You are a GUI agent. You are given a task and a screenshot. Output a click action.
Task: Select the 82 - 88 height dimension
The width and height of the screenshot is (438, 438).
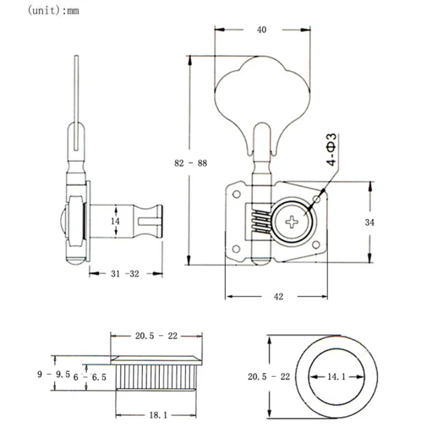190,163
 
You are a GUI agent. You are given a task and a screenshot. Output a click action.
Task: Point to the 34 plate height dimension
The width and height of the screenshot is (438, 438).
369,222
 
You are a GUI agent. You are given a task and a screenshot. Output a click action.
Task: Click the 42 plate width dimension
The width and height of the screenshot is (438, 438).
278,296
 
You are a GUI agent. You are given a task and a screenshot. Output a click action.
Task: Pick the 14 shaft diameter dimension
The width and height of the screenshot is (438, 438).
116,222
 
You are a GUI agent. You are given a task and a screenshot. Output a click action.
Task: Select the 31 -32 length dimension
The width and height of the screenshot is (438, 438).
126,274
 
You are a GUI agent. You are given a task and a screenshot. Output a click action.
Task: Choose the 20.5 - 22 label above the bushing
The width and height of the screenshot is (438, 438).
156,336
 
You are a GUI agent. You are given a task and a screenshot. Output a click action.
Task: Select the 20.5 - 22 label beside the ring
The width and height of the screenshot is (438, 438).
268,377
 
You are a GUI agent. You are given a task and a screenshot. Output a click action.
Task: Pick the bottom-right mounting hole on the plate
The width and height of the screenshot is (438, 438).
316,247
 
